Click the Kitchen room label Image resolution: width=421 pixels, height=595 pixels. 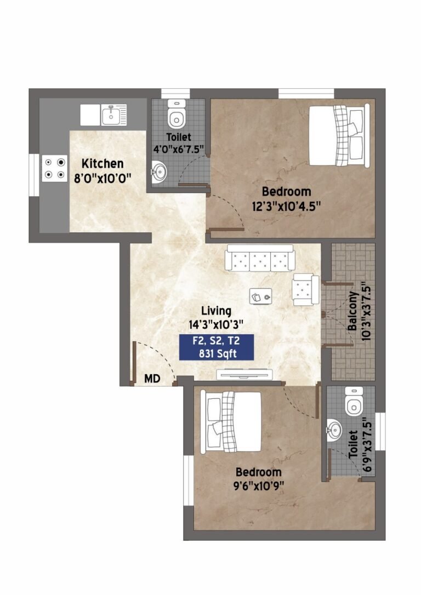click(103, 164)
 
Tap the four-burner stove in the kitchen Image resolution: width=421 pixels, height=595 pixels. click(55, 168)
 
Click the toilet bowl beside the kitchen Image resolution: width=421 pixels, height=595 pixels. click(177, 114)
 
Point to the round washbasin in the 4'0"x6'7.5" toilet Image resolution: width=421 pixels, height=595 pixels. click(159, 172)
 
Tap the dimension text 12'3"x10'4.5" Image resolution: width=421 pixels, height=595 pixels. click(287, 206)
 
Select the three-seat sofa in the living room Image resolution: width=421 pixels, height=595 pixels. click(260, 258)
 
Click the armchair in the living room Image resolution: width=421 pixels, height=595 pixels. click(305, 290)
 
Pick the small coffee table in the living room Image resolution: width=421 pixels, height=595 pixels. click(261, 296)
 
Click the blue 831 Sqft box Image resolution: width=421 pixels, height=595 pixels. click(217, 347)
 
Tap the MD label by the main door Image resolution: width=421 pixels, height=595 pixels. click(152, 379)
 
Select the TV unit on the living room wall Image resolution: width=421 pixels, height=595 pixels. click(244, 374)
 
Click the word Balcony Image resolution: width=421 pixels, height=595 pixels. click(352, 311)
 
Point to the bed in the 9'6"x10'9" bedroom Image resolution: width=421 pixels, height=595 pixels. click(231, 421)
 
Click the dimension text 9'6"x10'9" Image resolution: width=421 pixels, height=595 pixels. click(259, 486)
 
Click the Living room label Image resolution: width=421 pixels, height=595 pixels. click(216, 311)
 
